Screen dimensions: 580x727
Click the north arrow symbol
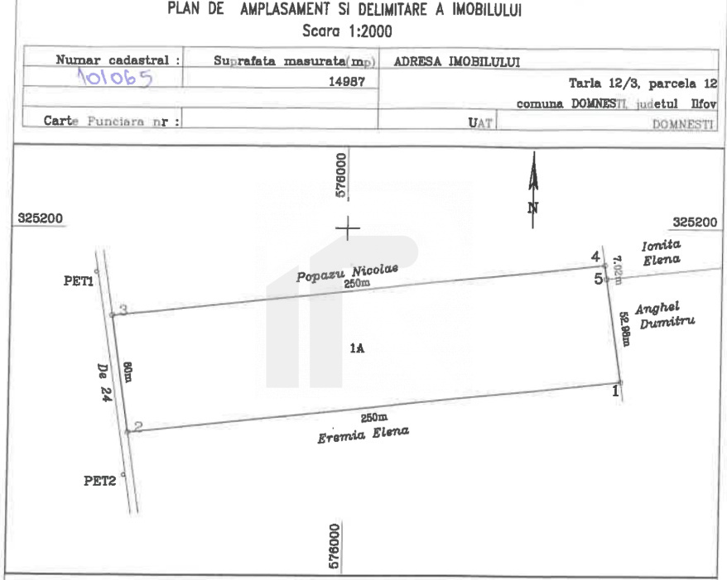(x=533, y=186)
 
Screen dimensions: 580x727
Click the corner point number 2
(x=138, y=427)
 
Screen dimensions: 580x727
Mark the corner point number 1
(x=615, y=390)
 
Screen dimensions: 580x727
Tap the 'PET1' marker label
(x=77, y=280)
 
